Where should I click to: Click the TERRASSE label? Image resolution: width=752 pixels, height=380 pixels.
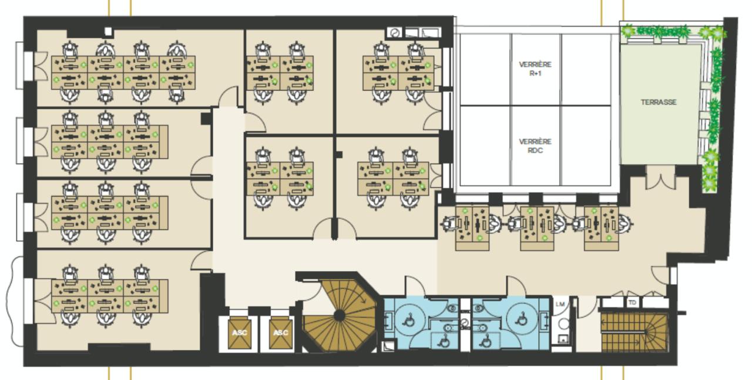coord(659,102)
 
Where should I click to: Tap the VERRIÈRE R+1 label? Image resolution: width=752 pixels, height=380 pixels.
coord(535,69)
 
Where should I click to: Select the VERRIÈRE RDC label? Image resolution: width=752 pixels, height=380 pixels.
coord(535,146)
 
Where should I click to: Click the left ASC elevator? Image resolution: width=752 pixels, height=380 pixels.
coord(239,332)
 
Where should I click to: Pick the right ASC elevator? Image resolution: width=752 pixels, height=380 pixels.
coord(281,332)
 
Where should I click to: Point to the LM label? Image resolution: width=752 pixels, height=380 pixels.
coord(560,304)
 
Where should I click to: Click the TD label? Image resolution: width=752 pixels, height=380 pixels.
coord(632,303)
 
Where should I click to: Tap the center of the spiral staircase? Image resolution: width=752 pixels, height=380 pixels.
coord(340,316)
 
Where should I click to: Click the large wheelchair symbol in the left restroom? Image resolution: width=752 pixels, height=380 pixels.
coord(409,319)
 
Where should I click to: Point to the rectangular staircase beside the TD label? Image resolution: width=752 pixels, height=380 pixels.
coord(634,333)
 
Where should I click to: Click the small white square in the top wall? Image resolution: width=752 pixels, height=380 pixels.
coord(108,32)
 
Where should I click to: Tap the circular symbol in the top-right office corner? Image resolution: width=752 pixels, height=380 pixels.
coord(394,33)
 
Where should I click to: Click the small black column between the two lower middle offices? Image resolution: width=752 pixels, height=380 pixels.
coord(339,155)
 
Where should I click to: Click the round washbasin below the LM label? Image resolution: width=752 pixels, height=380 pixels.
coord(563,324)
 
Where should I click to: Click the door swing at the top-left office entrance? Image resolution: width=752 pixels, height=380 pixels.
coord(229,96)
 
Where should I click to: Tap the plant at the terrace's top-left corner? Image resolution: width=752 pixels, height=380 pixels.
coord(628,32)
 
